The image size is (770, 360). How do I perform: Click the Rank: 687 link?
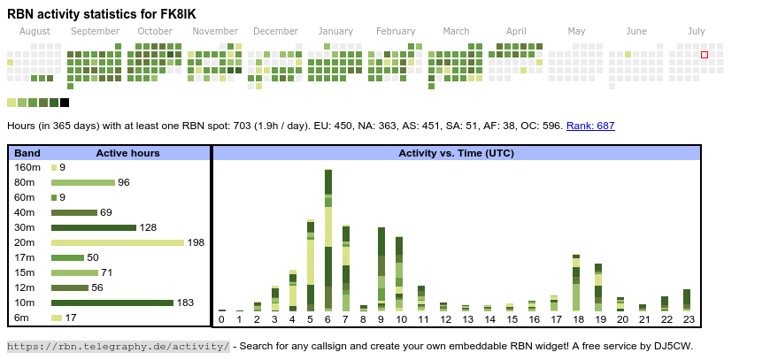tap(590, 126)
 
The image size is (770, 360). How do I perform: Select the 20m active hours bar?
tap(117, 242)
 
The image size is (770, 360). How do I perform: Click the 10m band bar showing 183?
tap(112, 303)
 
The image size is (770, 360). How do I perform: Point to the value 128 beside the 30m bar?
tap(148, 227)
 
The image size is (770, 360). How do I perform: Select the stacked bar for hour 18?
tap(576, 282)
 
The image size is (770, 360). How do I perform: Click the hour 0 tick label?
tap(221, 319)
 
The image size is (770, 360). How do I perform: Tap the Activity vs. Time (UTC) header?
tap(456, 153)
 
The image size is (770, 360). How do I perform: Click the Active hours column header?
tap(127, 153)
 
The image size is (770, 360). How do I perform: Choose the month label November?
tap(215, 31)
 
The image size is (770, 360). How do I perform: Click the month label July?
tap(697, 31)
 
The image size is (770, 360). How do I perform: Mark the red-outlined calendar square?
tap(705, 55)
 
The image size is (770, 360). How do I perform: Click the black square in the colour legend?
tap(65, 103)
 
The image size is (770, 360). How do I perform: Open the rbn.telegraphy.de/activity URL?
tap(118, 346)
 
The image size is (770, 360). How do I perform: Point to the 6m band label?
tap(23, 318)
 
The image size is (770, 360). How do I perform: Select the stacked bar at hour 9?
tap(381, 269)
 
